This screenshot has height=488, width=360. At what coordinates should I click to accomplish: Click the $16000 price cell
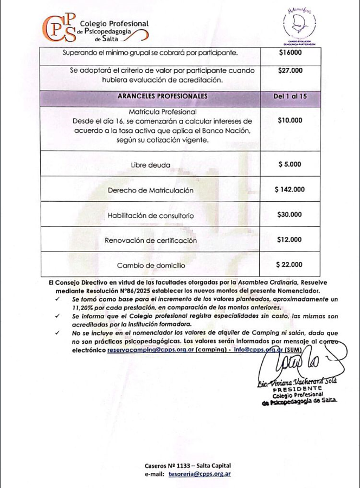290,53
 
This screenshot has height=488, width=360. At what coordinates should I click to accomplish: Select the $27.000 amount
290,70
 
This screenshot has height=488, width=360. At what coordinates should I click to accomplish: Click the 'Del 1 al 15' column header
290,96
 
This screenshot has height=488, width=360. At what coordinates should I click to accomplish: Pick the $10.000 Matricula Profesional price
290,121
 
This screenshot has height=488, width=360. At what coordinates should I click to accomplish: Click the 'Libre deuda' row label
150,165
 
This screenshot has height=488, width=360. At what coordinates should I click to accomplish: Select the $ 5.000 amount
290,164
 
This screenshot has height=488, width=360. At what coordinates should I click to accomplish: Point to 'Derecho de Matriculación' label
150,190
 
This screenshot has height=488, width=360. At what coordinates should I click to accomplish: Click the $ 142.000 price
290,189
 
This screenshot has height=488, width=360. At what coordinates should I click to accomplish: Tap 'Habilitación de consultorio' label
150,215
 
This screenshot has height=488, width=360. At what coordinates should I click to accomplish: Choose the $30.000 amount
290,215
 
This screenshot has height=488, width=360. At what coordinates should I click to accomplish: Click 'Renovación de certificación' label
150,240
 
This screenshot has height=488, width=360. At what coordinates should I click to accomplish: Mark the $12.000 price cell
290,240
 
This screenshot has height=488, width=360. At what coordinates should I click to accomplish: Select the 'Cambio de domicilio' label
150,266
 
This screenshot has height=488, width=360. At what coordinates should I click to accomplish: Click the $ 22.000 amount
290,265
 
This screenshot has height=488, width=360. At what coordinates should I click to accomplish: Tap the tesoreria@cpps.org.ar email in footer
200,474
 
